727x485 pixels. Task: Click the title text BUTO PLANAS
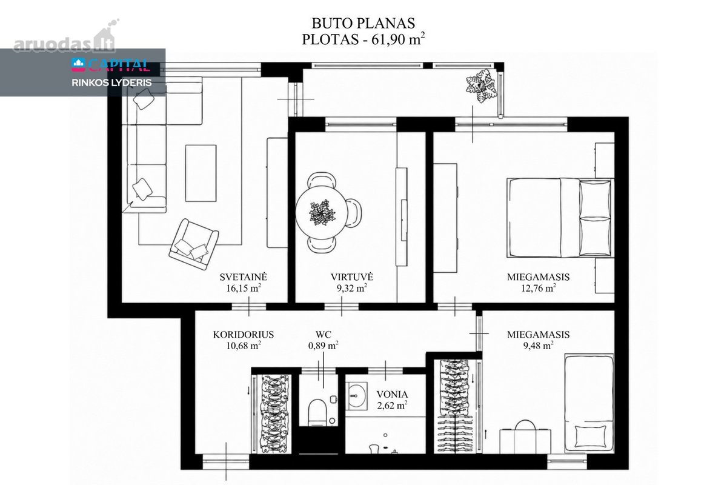(363, 24)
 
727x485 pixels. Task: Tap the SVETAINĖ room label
(244, 277)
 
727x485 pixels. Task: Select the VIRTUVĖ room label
(352, 277)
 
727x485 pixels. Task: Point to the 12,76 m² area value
(539, 288)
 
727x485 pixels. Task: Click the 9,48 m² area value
(538, 346)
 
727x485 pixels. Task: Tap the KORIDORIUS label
(244, 334)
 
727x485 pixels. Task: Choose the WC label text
(324, 334)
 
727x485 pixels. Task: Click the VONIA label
(392, 395)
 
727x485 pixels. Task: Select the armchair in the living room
(194, 244)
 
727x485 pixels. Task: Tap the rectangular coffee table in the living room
(201, 173)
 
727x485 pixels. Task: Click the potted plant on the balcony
(481, 87)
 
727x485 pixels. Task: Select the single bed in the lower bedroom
(589, 403)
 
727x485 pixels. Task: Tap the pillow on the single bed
(590, 436)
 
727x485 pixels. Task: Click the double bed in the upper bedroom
(560, 218)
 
